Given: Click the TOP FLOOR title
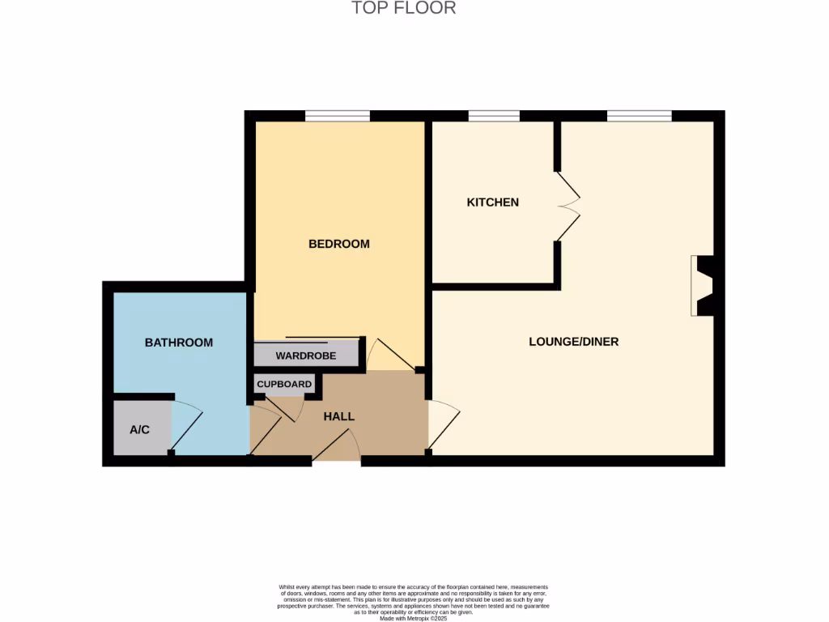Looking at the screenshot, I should point(404,8).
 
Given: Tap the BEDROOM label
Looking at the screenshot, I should point(339,244).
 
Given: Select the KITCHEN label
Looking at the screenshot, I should point(492,202).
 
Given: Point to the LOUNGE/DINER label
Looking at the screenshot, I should point(573,342).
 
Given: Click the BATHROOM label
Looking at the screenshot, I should point(179,343).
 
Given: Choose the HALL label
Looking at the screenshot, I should point(339,416).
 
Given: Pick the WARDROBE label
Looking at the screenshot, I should point(306,356).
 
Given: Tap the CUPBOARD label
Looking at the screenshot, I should point(284,384).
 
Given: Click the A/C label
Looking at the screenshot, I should point(140,428).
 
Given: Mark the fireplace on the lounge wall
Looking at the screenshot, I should point(702,286).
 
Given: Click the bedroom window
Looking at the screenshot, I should point(338,117).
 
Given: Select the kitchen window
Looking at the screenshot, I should point(494,117).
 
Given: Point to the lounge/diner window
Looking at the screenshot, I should point(640,117).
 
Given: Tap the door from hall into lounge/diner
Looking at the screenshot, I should point(443,425).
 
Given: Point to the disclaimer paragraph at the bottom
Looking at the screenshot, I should point(414,602).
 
